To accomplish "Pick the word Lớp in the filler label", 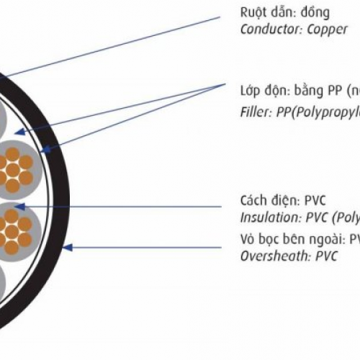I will (250, 92).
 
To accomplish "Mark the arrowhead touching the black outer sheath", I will (67, 248).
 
